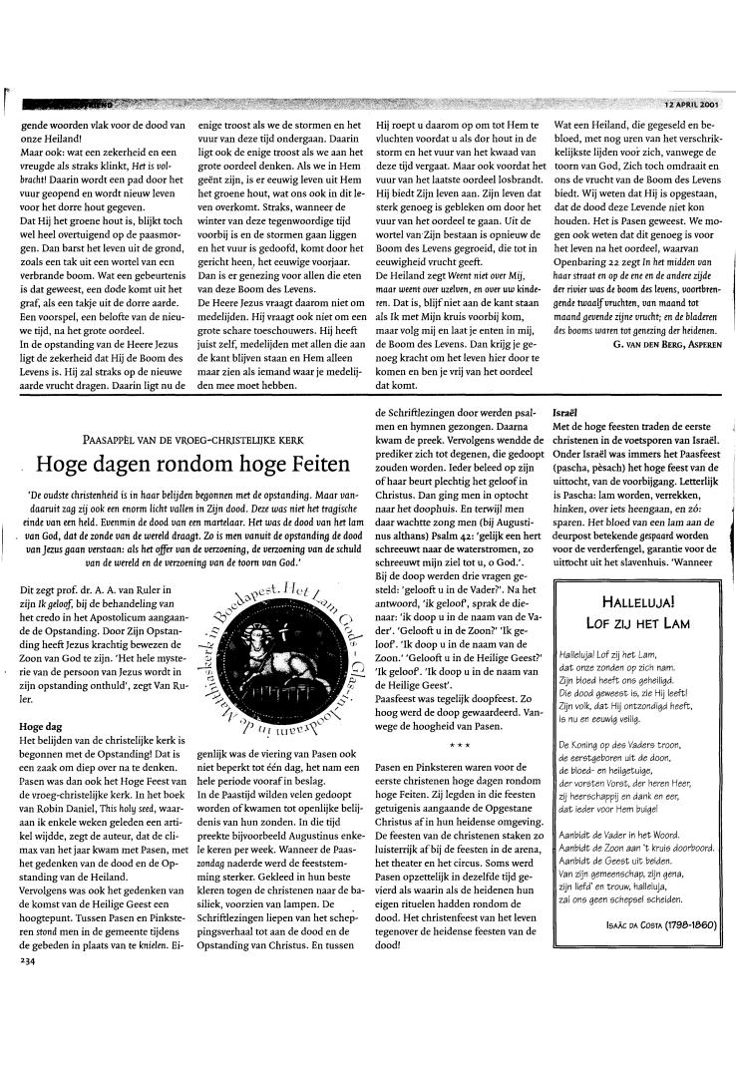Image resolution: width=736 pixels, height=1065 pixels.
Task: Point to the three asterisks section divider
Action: pos(459,744)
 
